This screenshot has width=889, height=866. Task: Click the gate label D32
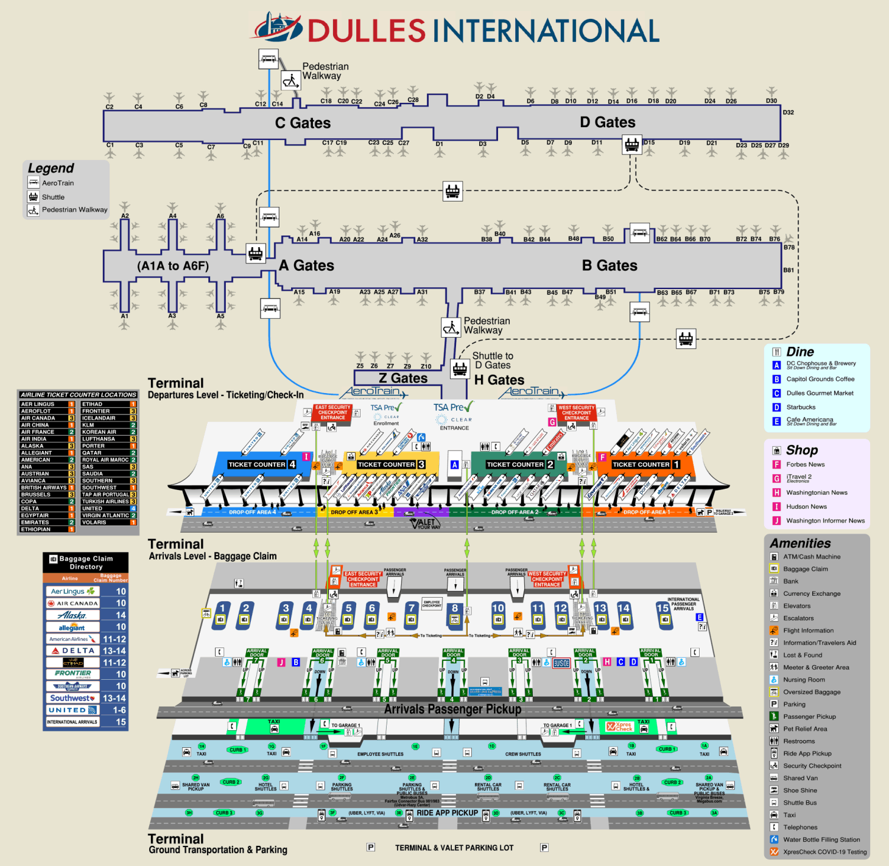click(788, 113)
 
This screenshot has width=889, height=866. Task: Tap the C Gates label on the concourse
click(303, 123)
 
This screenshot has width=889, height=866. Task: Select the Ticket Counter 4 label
click(261, 464)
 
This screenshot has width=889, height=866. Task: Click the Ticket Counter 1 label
click(645, 464)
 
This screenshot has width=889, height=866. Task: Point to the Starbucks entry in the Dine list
click(801, 407)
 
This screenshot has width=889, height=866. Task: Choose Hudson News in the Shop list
click(806, 506)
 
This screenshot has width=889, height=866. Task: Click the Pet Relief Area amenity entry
click(805, 728)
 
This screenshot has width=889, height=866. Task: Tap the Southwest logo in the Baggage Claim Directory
click(72, 698)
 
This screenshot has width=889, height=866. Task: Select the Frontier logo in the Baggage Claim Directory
click(72, 674)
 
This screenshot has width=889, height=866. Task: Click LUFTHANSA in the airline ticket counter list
click(98, 439)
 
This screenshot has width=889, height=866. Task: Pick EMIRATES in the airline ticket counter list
click(35, 522)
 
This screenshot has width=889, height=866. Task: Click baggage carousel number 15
click(662, 607)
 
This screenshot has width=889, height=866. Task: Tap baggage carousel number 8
click(454, 607)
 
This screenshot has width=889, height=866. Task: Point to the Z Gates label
click(403, 379)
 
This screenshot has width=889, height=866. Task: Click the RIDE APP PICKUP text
click(447, 813)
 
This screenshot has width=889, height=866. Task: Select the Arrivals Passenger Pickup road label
click(452, 709)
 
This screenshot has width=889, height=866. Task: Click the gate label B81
click(789, 270)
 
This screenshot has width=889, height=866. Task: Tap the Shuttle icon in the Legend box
click(33, 197)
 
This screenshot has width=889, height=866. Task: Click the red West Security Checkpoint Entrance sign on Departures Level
click(576, 413)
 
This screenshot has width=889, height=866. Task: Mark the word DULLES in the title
click(367, 30)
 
